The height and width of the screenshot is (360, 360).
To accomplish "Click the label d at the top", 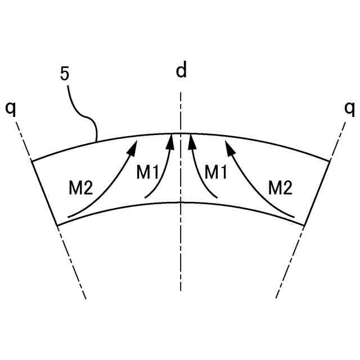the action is pyautogui.click(x=181, y=71).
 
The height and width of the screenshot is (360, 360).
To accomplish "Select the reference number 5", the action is pyautogui.click(x=65, y=73).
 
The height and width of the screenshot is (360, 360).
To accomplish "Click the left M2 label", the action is pyautogui.click(x=80, y=188).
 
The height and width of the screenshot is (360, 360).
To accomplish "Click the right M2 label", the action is pyautogui.click(x=280, y=188).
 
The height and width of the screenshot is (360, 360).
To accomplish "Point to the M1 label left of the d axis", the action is pyautogui.click(x=148, y=173).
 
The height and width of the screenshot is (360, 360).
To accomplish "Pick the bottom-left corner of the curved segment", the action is pyautogui.click(x=58, y=225).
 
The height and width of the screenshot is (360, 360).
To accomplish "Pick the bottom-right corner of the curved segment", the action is pyautogui.click(x=304, y=225).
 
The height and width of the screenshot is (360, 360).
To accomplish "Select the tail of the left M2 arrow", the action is pyautogui.click(x=69, y=216).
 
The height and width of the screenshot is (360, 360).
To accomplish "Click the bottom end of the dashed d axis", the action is pyautogui.click(x=181, y=290).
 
